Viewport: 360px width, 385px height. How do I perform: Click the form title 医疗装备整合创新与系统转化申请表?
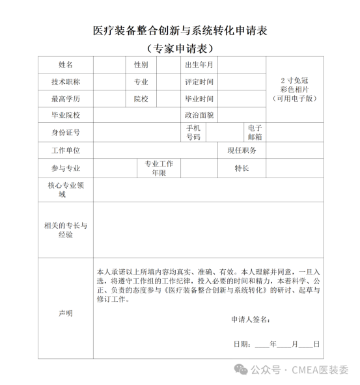click(x=180, y=31)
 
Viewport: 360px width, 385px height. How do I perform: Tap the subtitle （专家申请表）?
click(x=180, y=49)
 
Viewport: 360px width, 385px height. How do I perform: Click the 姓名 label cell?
click(x=66, y=65)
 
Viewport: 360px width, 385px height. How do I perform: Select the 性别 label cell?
click(x=141, y=65)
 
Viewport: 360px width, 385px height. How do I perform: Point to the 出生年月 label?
click(x=199, y=65)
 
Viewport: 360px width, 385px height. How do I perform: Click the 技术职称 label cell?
click(x=66, y=82)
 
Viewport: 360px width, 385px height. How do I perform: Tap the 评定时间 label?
click(x=199, y=82)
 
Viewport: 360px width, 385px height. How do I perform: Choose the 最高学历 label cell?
click(x=66, y=99)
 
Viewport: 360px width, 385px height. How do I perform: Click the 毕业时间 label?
click(x=199, y=99)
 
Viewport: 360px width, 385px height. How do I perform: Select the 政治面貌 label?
click(x=199, y=115)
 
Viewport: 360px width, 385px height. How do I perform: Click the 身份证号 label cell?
click(x=66, y=132)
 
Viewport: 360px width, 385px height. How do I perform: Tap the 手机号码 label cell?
click(x=193, y=132)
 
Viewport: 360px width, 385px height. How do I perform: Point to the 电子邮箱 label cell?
click(x=255, y=132)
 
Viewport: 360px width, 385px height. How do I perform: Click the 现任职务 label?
click(x=242, y=150)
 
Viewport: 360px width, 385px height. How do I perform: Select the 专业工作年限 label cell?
click(x=159, y=168)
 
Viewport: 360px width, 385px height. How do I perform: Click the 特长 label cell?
click(x=242, y=168)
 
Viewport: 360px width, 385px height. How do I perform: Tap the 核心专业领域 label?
click(x=66, y=190)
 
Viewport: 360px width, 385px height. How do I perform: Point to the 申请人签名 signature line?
click(x=251, y=319)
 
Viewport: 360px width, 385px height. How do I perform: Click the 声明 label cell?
click(x=66, y=313)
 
